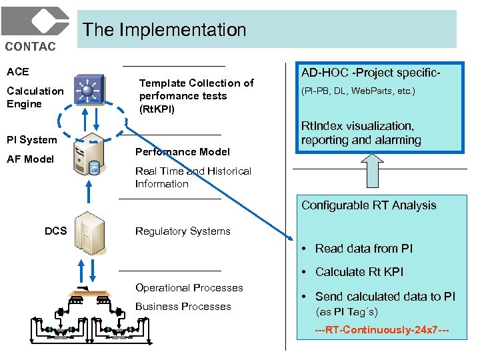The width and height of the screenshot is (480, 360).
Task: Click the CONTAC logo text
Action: tap(31, 46)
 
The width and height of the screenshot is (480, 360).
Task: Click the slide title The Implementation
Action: tap(164, 30)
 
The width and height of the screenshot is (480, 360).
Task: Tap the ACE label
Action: tap(18, 71)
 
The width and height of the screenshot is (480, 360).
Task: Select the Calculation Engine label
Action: tap(35, 97)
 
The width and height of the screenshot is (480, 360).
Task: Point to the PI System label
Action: tap(31, 139)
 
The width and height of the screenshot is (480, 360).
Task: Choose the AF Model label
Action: tap(30, 159)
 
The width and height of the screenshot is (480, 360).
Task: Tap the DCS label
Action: tap(55, 231)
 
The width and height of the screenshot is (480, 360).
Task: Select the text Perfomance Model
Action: tap(182, 152)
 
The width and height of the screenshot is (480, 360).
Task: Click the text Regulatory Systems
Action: tap(183, 231)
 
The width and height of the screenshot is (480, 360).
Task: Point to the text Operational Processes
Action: tap(189, 288)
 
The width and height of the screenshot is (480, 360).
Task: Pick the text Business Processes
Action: tap(183, 307)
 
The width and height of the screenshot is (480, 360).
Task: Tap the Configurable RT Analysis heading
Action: tap(369, 205)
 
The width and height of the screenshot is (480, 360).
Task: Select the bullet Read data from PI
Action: tap(363, 249)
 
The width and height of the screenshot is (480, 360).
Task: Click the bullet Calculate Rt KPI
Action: tap(359, 272)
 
